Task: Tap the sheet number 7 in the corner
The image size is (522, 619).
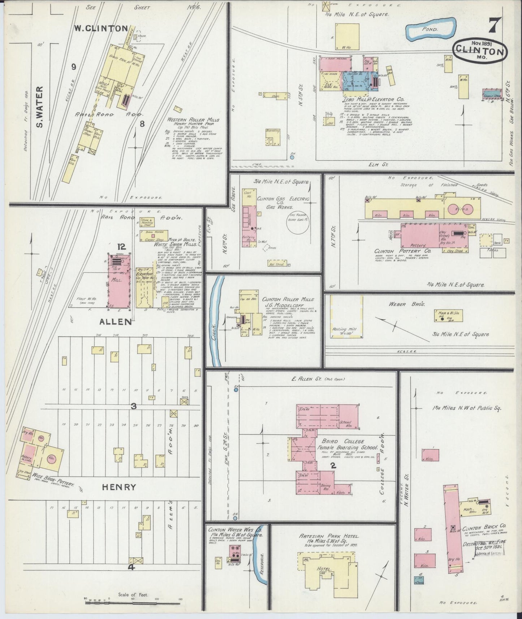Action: click(x=494, y=26)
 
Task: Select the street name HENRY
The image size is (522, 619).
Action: click(x=119, y=487)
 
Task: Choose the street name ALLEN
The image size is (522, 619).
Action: click(x=116, y=321)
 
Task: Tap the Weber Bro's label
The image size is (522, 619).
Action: click(x=407, y=304)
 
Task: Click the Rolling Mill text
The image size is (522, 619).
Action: click(x=345, y=329)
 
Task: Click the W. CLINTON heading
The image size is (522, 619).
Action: click(x=101, y=28)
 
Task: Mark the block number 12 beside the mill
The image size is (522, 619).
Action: click(x=121, y=247)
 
